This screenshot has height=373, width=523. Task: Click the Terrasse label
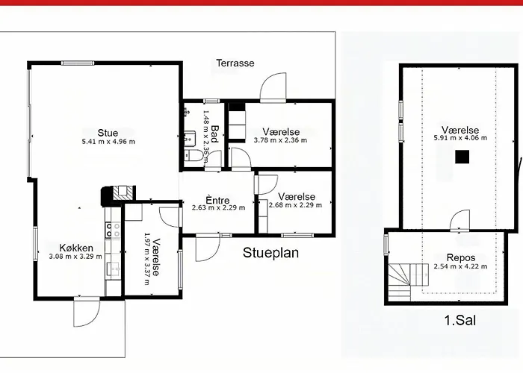235,63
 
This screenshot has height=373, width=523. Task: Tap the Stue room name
108,133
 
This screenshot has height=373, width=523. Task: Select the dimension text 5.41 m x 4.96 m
108,142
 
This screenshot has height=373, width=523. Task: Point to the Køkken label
76,248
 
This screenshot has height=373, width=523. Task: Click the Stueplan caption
270,253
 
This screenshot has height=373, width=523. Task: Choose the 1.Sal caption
460,320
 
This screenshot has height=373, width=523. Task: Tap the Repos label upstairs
461,258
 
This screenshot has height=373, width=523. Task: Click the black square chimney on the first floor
462,157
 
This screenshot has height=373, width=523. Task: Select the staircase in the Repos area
408,281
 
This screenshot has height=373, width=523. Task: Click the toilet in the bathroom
194,155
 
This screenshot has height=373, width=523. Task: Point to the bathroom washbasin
189,138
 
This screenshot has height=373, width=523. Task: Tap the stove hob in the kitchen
113,230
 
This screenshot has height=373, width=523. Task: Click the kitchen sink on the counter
113,269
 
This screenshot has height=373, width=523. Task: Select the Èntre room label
217,200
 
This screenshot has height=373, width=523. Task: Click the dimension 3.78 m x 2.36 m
280,140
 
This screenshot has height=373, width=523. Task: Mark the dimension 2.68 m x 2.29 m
296,205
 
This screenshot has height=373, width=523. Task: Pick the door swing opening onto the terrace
273,87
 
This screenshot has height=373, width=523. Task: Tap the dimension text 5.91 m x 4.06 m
460,138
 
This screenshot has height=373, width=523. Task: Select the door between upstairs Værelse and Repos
459,221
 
